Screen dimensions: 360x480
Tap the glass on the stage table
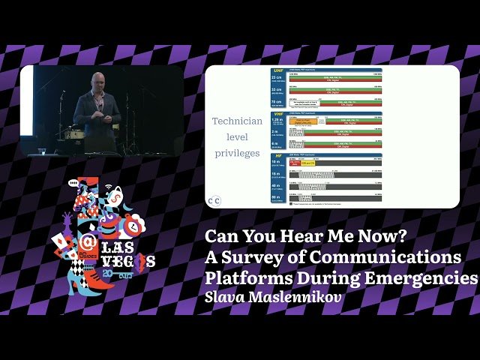(x=43, y=150)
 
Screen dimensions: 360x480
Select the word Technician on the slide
(x=237, y=121)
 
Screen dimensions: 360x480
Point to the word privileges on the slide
(x=237, y=153)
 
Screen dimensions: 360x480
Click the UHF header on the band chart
(x=278, y=70)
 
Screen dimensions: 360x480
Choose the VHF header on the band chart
(x=278, y=114)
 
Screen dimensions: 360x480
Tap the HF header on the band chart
(x=277, y=155)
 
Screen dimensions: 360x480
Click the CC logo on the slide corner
(x=214, y=200)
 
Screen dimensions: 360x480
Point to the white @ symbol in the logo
(x=88, y=242)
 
